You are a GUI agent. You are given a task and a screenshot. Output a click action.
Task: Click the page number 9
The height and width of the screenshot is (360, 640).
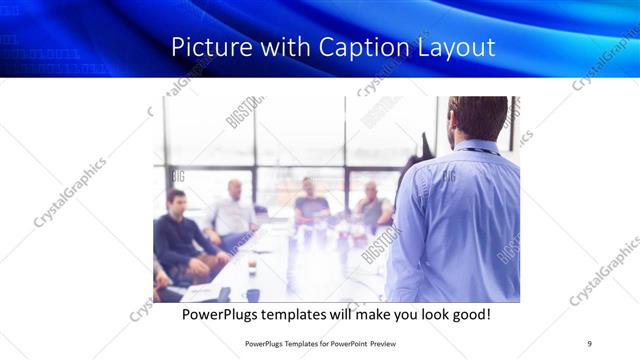point(589,344)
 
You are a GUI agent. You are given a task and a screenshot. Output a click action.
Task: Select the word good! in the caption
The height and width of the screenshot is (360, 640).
point(468,314)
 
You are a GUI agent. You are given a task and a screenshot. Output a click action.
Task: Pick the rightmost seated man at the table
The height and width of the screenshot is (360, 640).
point(372,206)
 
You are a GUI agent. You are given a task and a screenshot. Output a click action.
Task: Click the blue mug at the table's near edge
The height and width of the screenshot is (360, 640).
point(252,294)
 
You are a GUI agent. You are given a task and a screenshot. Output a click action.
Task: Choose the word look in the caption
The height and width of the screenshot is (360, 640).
point(421,314)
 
